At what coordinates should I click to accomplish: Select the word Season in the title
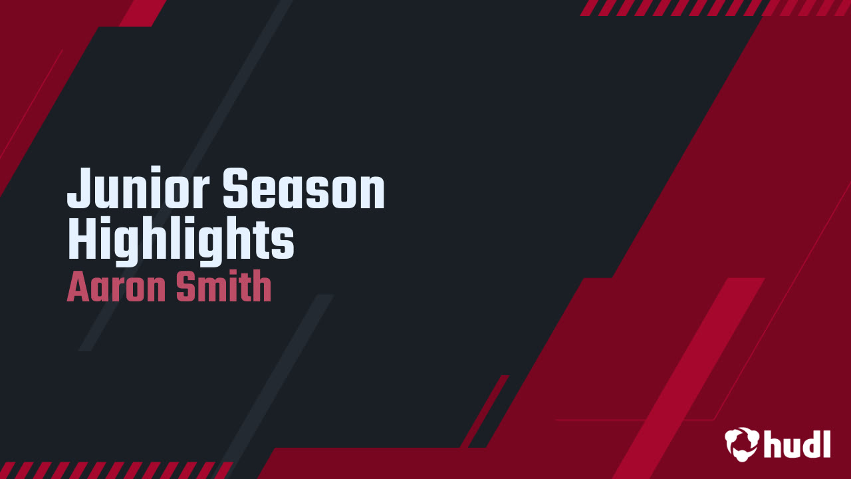coord(303,189)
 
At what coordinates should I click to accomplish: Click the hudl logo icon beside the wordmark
coord(742,444)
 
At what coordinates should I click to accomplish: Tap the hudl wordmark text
coord(797,443)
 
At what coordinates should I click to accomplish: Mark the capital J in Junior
coord(78,189)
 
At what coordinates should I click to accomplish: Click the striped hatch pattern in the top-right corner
coord(715,7)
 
